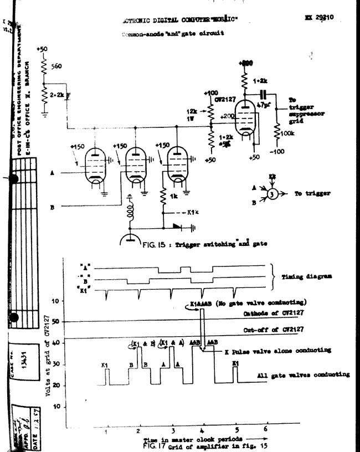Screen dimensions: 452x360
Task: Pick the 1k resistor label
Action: pos(173,197)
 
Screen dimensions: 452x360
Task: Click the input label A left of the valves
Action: pos(51,172)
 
